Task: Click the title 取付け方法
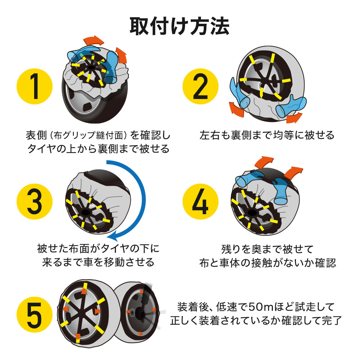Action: click(x=180, y=26)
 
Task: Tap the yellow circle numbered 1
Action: click(x=35, y=86)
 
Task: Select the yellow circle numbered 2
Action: click(x=201, y=86)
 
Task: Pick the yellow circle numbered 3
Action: click(x=35, y=202)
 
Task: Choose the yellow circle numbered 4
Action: click(x=201, y=202)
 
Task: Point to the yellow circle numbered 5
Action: click(x=35, y=315)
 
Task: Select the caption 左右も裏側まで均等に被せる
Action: click(x=267, y=135)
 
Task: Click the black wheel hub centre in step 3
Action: click(x=86, y=212)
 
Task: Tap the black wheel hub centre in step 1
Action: click(x=91, y=68)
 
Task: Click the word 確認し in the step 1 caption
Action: click(x=155, y=135)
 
